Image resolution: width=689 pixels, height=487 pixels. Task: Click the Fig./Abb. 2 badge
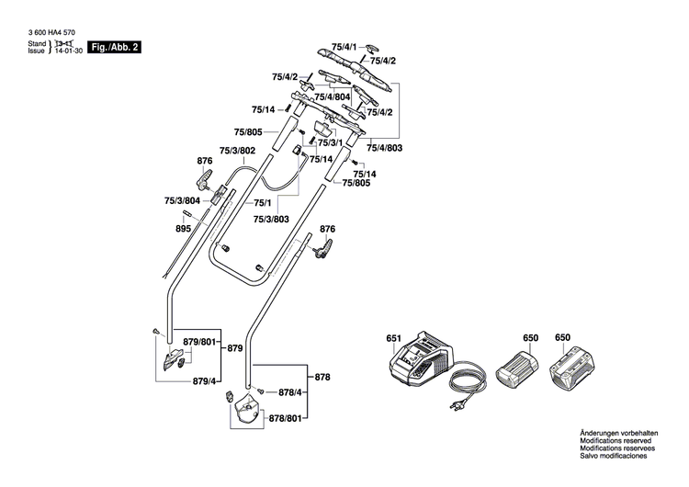point(115,45)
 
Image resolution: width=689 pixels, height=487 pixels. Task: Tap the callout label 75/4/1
point(344,45)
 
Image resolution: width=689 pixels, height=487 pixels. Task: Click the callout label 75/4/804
point(332,96)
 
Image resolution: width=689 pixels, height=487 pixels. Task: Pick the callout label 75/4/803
point(384,146)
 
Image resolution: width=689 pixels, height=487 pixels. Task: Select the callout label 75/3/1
point(330,142)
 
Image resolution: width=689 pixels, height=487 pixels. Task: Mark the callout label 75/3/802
point(237,151)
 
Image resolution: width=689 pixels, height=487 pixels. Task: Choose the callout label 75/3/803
point(272,220)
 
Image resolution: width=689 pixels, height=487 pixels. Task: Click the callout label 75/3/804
point(182,200)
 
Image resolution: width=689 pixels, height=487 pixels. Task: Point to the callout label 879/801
point(201,342)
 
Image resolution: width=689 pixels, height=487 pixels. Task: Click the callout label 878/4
point(284,392)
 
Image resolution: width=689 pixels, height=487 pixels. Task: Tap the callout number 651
point(394,338)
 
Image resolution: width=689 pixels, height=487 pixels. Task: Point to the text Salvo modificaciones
point(615,456)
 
